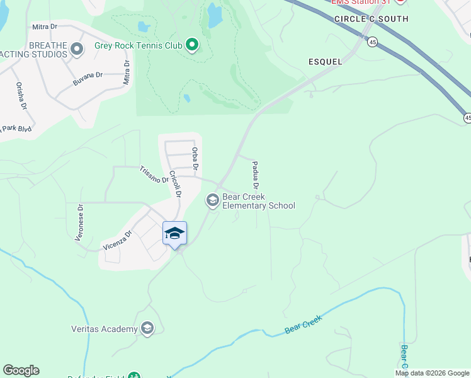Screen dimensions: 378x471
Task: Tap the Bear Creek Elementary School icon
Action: coord(212,201)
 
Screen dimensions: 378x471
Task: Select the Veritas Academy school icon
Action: coord(147,328)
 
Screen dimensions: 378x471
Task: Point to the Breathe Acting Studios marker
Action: coord(77,49)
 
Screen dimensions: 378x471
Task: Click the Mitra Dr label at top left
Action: coord(45,27)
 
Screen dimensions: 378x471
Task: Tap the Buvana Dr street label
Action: coord(88,76)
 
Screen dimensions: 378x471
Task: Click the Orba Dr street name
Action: coord(195,159)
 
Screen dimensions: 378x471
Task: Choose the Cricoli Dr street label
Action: coord(174,185)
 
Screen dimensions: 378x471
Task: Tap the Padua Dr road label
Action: coord(256,175)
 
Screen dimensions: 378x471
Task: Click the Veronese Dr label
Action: coord(80,221)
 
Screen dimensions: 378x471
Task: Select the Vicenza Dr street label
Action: coord(118,240)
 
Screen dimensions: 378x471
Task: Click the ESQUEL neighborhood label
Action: coord(326,62)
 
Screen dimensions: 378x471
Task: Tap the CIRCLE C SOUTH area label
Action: coord(372,20)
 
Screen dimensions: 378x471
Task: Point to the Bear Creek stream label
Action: coord(303,324)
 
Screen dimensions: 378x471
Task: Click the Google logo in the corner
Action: coord(21,370)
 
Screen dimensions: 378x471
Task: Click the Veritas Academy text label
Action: coord(104,329)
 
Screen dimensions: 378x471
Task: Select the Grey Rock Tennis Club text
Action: coord(138,45)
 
